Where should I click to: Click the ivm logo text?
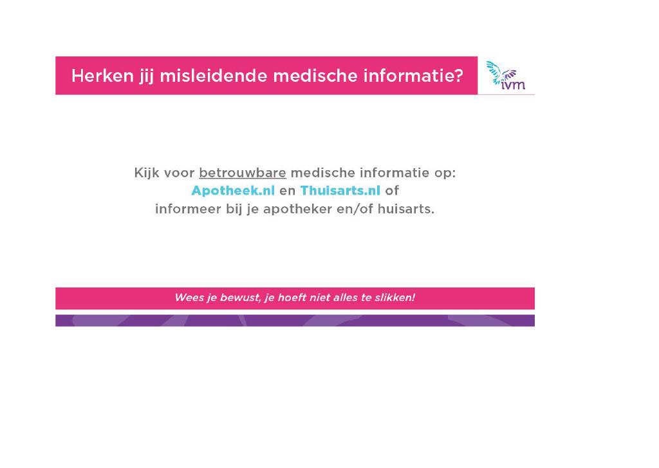[x=513, y=84]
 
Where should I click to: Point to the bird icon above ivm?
[x=500, y=72]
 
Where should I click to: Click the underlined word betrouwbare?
[x=243, y=173]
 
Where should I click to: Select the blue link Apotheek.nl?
[x=233, y=191]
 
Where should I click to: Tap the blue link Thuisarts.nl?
[x=340, y=191]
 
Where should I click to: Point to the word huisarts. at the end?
[x=405, y=209]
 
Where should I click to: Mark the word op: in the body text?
[x=445, y=173]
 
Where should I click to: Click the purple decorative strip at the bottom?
[x=295, y=320]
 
